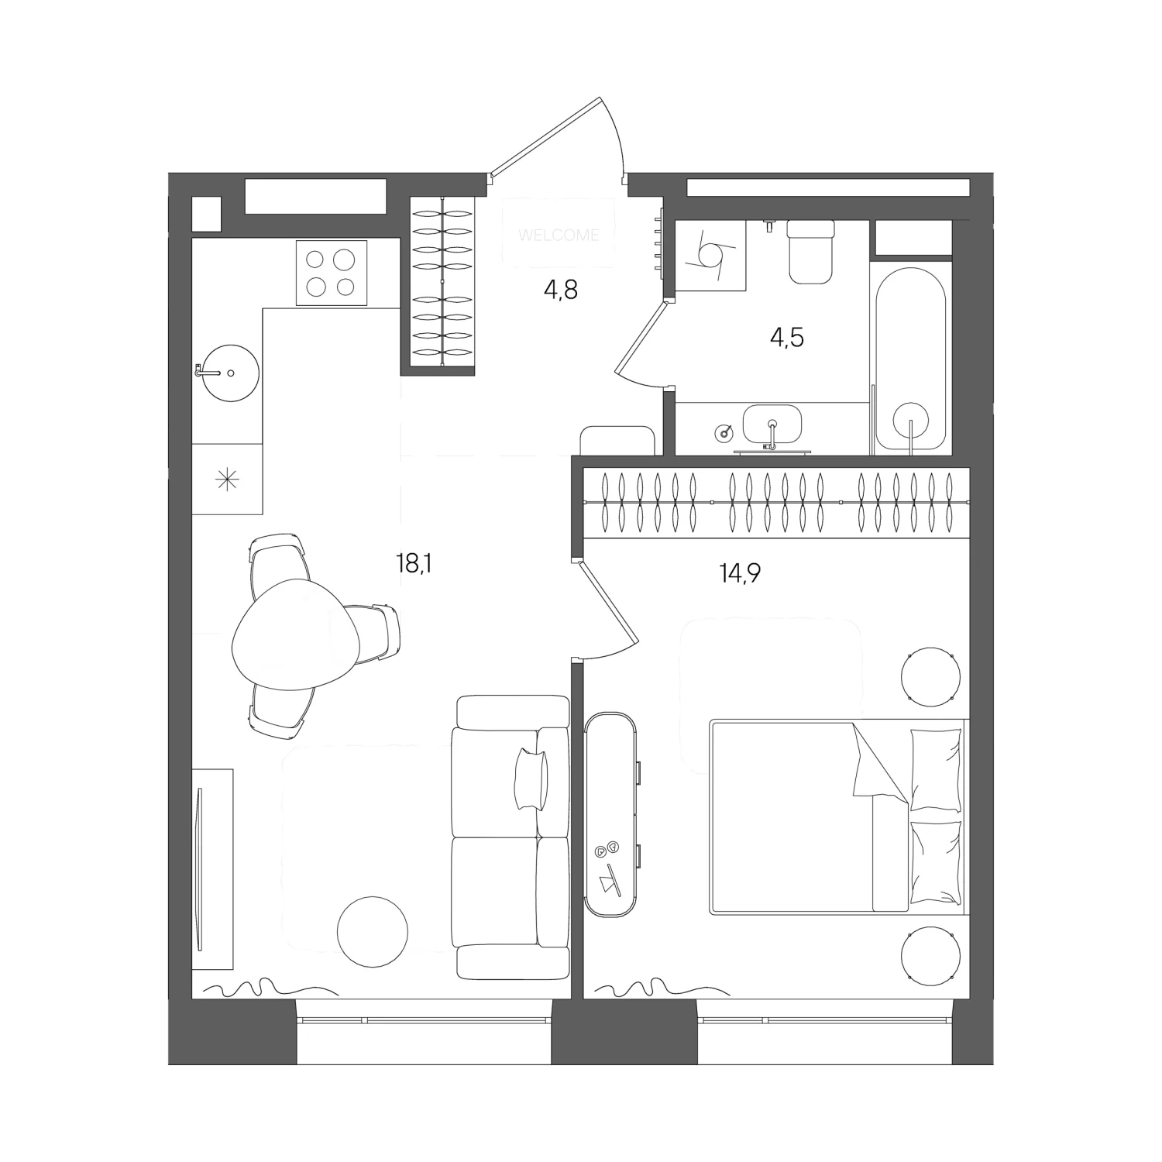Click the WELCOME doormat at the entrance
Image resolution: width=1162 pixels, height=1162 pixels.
click(x=559, y=234)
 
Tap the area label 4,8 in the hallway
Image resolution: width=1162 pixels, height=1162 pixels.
click(x=561, y=290)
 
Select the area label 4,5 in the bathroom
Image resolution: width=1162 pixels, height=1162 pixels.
click(x=786, y=338)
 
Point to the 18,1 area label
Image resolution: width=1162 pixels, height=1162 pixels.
click(x=413, y=563)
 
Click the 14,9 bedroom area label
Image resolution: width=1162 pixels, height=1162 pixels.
click(x=740, y=573)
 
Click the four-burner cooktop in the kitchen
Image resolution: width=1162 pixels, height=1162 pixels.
click(x=332, y=273)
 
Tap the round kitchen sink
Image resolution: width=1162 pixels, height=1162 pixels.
click(x=229, y=373)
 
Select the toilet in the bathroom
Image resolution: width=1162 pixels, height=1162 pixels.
click(x=811, y=250)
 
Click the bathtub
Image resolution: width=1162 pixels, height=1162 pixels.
click(x=911, y=360)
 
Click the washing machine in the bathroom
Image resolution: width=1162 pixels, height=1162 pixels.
click(x=710, y=255)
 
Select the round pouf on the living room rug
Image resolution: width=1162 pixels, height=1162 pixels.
click(x=373, y=931)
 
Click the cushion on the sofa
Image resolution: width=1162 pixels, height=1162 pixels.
click(x=531, y=779)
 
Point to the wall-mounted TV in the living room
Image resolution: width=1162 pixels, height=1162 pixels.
click(x=200, y=868)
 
